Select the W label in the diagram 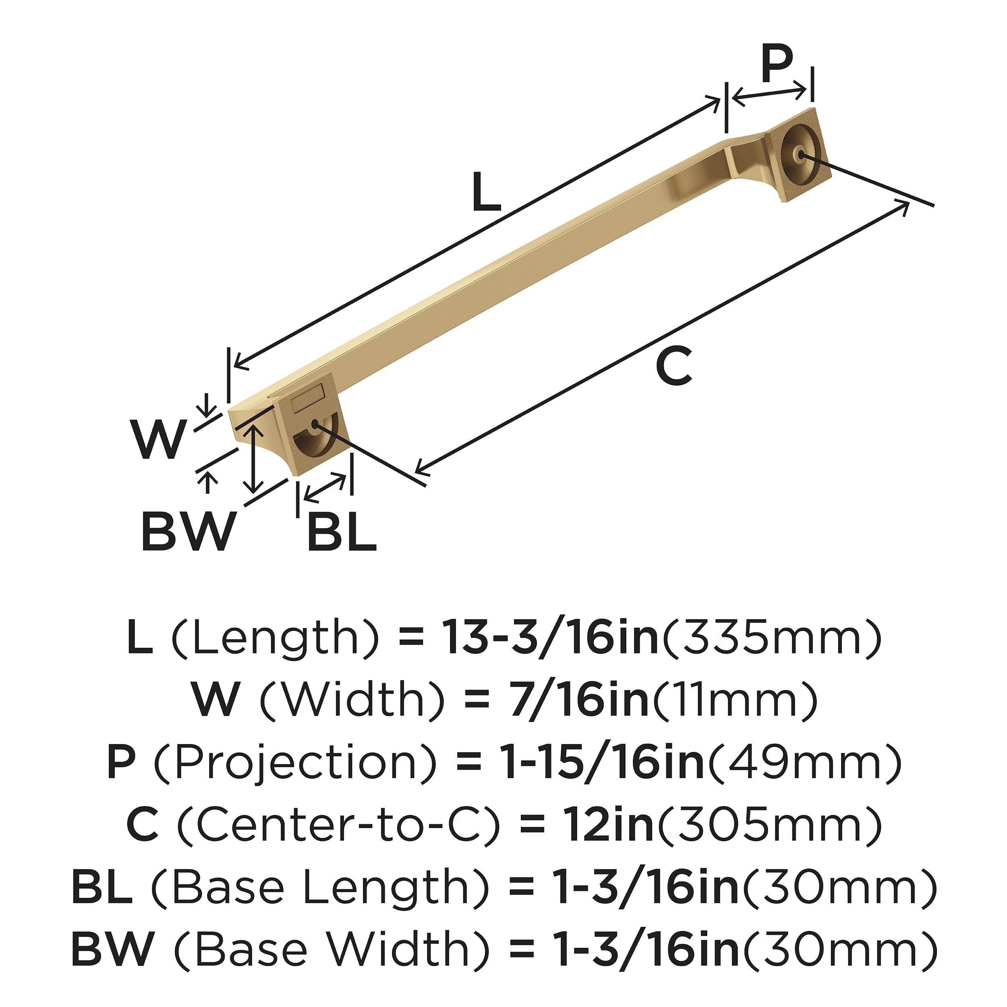[159, 439]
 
